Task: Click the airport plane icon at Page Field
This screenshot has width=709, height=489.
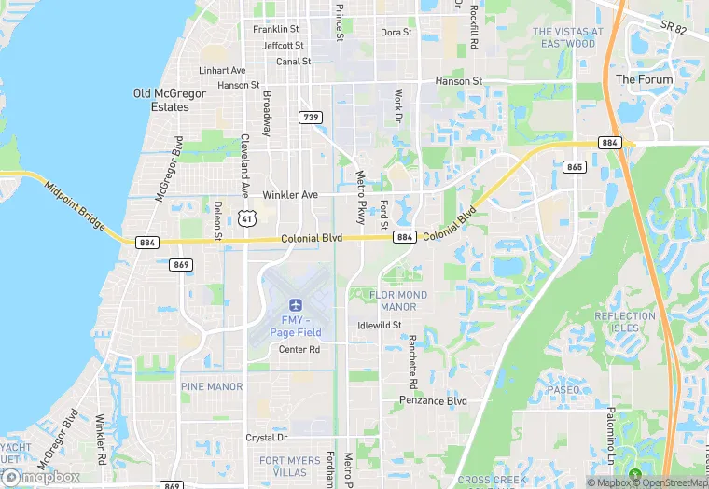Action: pyautogui.click(x=296, y=304)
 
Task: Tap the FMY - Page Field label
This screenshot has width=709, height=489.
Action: pyautogui.click(x=296, y=326)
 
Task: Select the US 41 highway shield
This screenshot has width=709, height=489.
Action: pyautogui.click(x=246, y=217)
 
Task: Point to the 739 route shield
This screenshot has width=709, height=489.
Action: pyautogui.click(x=311, y=117)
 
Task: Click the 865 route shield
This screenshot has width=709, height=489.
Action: pyautogui.click(x=575, y=166)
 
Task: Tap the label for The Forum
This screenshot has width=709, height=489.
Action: pyautogui.click(x=644, y=80)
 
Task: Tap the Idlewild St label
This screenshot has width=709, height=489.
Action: pyautogui.click(x=380, y=326)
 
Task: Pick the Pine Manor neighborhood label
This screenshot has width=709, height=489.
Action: pyautogui.click(x=212, y=386)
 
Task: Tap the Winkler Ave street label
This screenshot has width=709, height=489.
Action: pyautogui.click(x=290, y=195)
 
